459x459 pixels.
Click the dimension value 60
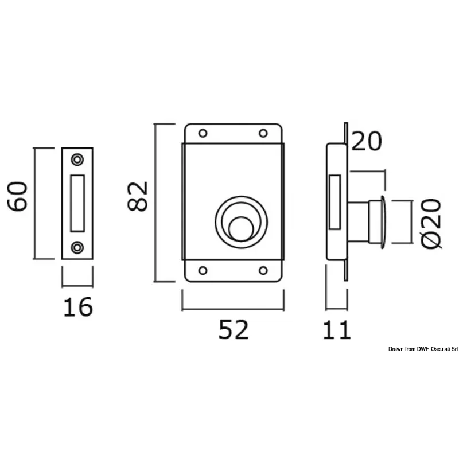pos(18,197)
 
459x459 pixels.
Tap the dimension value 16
pos(78,308)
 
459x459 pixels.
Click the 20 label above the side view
pos(366,141)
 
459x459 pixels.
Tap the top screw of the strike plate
pos(77,158)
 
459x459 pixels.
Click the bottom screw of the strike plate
pos(77,247)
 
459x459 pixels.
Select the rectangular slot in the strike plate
pos(77,203)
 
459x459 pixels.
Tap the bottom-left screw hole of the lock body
pos(203,270)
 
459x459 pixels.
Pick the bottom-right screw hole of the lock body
pos(263,270)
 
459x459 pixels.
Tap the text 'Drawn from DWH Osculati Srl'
pos(422,348)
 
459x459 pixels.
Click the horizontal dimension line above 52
pos(233,308)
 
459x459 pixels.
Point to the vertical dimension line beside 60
pos(35,203)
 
